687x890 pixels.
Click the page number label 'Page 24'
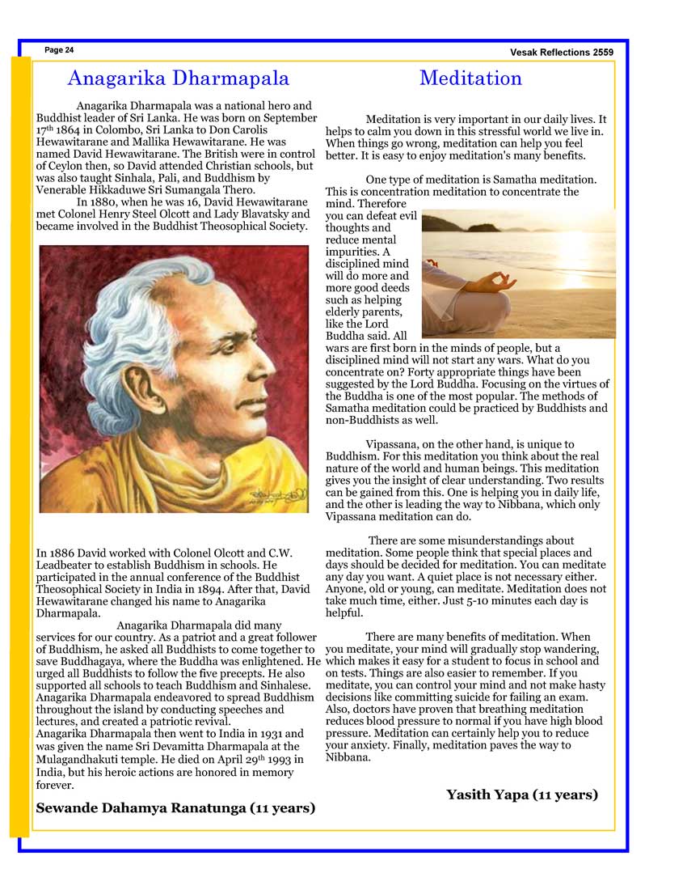59,50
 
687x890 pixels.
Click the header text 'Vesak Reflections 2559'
562,53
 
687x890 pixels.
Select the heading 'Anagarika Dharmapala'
178,78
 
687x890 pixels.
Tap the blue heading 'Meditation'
470,78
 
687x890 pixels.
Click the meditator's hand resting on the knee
494,282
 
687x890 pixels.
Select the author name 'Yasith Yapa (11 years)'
522,795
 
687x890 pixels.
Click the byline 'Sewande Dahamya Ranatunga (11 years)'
175,807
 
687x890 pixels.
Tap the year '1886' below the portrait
65,553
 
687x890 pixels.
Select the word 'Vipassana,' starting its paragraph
393,444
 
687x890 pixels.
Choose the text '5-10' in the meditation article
464,601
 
